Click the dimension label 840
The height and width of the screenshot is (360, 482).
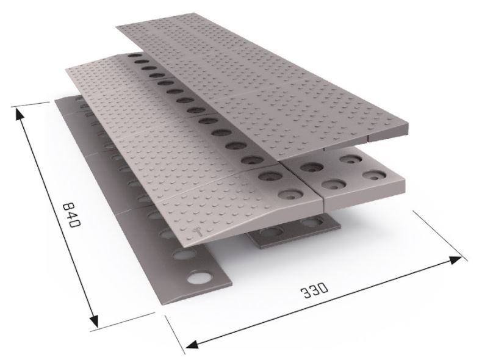coord(71,214)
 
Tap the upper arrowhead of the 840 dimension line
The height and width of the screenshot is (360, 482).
coord(19,115)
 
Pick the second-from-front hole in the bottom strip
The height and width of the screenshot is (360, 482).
coord(183,255)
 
